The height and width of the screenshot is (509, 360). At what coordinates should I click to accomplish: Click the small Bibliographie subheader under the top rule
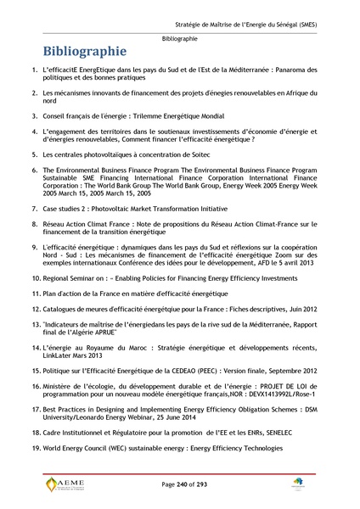(x=179, y=39)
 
